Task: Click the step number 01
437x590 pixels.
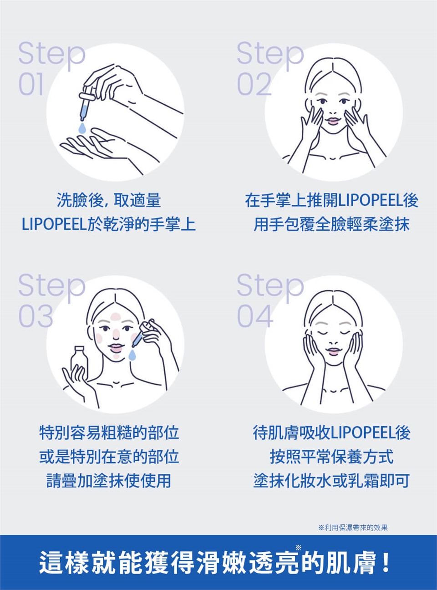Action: (31, 84)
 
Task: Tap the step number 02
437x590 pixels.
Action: (254, 84)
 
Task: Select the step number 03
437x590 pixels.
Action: (36, 316)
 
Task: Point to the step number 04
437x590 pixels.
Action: (255, 316)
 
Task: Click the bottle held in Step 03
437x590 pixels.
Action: (79, 361)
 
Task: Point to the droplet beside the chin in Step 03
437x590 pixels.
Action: (132, 355)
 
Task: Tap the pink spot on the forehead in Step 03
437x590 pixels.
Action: (116, 317)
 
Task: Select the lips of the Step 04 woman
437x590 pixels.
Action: (334, 351)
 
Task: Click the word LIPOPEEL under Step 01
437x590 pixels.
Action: (54, 224)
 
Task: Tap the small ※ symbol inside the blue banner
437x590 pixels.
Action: (299, 548)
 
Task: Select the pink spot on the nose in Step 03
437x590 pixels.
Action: (116, 332)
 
